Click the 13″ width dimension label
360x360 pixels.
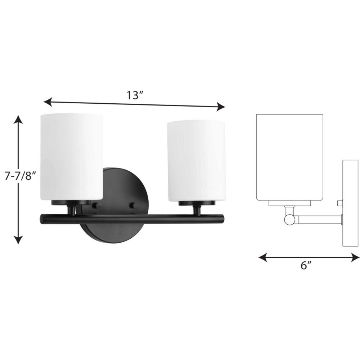(135, 95)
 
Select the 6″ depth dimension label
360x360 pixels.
(306, 266)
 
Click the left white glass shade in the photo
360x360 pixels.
(71, 157)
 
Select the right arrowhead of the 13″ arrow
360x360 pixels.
(221, 107)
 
